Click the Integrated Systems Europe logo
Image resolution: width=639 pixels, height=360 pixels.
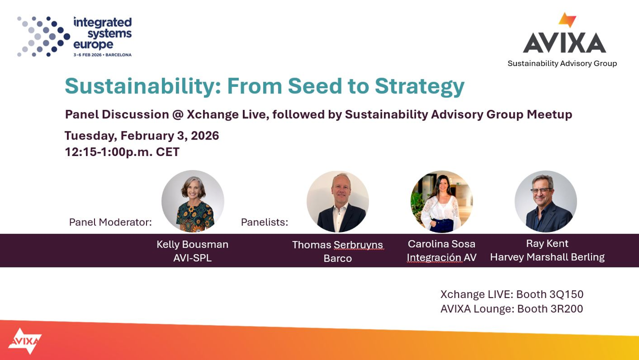(74, 36)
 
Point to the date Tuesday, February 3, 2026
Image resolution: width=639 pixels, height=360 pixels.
(141, 135)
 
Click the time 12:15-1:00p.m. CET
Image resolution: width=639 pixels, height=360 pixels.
(121, 152)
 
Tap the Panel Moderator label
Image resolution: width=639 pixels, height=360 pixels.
(110, 222)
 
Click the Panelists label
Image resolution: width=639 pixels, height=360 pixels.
(264, 222)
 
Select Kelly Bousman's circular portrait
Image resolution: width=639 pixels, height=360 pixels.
(192, 201)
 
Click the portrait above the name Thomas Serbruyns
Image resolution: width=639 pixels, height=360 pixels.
(337, 201)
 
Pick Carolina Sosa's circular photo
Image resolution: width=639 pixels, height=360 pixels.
(441, 201)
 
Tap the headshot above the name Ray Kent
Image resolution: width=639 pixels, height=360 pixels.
(545, 201)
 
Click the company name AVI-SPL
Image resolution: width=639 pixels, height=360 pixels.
(192, 258)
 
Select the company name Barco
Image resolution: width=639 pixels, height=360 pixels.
(337, 258)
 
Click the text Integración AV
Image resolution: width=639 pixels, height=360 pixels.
(441, 257)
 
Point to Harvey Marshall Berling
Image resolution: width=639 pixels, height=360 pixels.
(547, 257)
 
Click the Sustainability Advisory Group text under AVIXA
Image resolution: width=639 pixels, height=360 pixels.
(562, 63)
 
